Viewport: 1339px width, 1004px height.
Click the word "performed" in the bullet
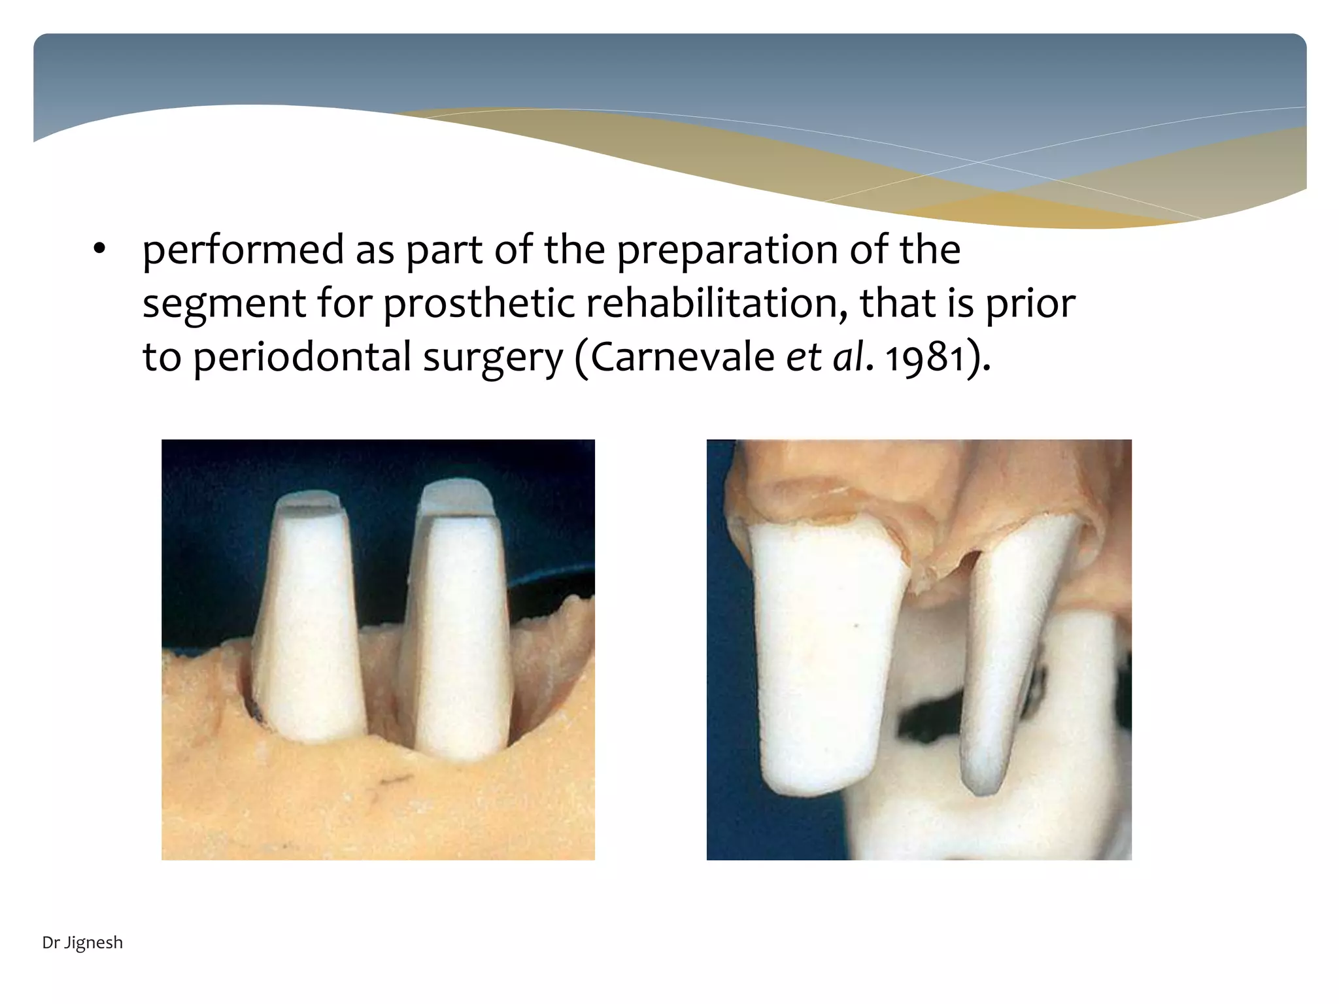point(243,251)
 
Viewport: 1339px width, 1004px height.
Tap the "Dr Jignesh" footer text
point(82,943)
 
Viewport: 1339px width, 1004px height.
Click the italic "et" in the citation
point(803,357)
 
